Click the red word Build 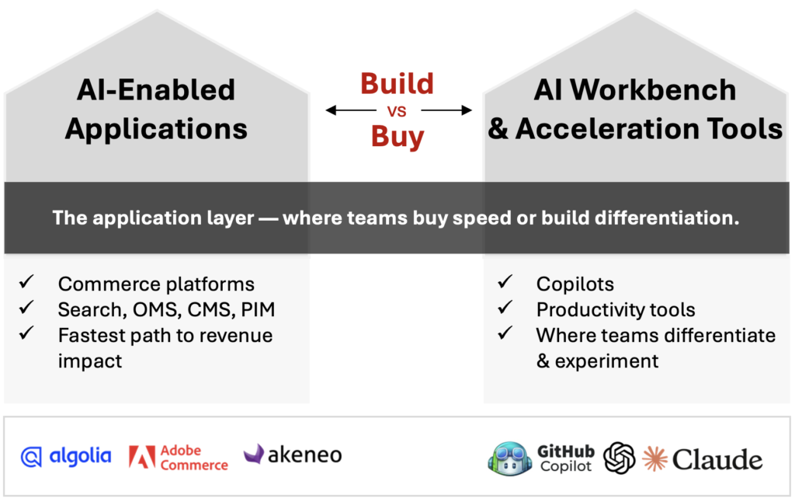coord(397,84)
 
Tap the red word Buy coord(397,138)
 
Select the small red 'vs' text coord(397,111)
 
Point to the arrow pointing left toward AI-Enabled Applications coord(351,110)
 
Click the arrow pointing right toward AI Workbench coord(446,110)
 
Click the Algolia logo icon coord(31,457)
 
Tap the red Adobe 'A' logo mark coord(142,456)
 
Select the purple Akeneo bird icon coord(254,453)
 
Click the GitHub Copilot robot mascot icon coord(509,458)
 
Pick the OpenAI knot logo coord(619,458)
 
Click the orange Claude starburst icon coord(654,458)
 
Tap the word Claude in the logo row coord(717,460)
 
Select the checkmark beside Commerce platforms coord(26,281)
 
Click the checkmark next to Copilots coord(505,281)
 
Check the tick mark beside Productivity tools coord(505,307)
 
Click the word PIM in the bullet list coord(258,309)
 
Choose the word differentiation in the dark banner coord(667,218)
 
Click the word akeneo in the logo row coord(304,455)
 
